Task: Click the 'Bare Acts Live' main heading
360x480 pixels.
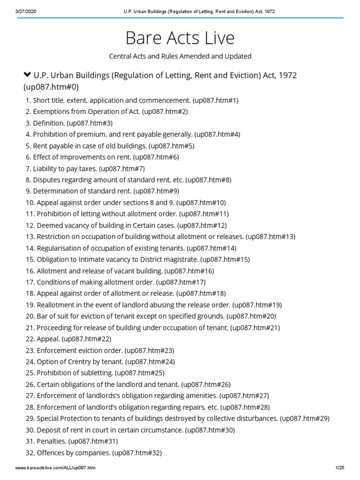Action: tap(180, 37)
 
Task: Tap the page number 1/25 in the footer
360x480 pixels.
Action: tap(340, 468)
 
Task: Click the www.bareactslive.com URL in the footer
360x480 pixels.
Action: tap(55, 468)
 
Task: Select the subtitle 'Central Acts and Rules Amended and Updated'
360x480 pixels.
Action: tap(180, 56)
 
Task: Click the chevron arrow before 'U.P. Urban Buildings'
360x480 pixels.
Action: tap(27, 75)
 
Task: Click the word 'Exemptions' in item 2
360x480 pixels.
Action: tap(49, 112)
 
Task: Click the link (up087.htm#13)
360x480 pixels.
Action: tap(270, 237)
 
